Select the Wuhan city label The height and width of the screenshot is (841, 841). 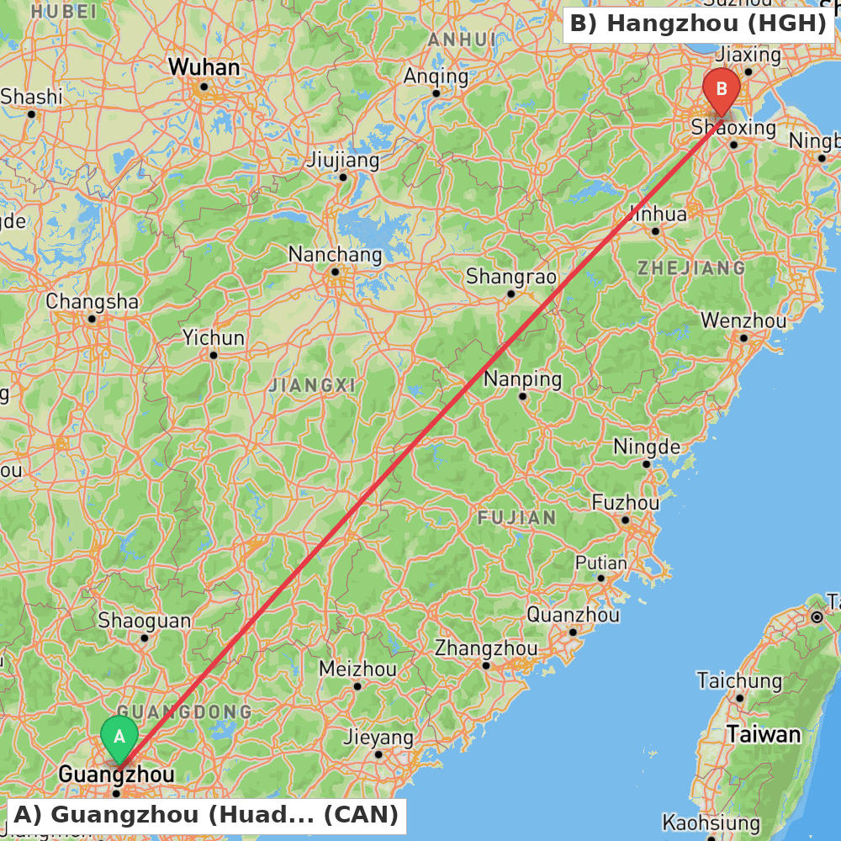[204, 67]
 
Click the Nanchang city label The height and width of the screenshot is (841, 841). [335, 254]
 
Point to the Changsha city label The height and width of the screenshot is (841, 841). [93, 301]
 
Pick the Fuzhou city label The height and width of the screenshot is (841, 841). [626, 503]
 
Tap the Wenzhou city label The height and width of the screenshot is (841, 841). [743, 320]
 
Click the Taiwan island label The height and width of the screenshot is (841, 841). [764, 734]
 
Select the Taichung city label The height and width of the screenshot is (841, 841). [739, 680]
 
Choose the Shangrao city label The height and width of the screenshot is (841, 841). [511, 276]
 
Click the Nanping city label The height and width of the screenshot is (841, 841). [522, 379]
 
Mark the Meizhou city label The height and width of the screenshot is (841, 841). [357, 669]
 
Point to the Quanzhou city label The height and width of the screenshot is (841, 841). [573, 615]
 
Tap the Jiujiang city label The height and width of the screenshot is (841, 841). [343, 160]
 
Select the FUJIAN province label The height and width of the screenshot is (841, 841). [516, 517]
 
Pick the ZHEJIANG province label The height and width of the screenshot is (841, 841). [690, 268]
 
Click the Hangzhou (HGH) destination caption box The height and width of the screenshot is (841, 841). [698, 24]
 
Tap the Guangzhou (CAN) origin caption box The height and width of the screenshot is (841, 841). [206, 814]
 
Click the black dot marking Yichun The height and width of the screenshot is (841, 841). [214, 355]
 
